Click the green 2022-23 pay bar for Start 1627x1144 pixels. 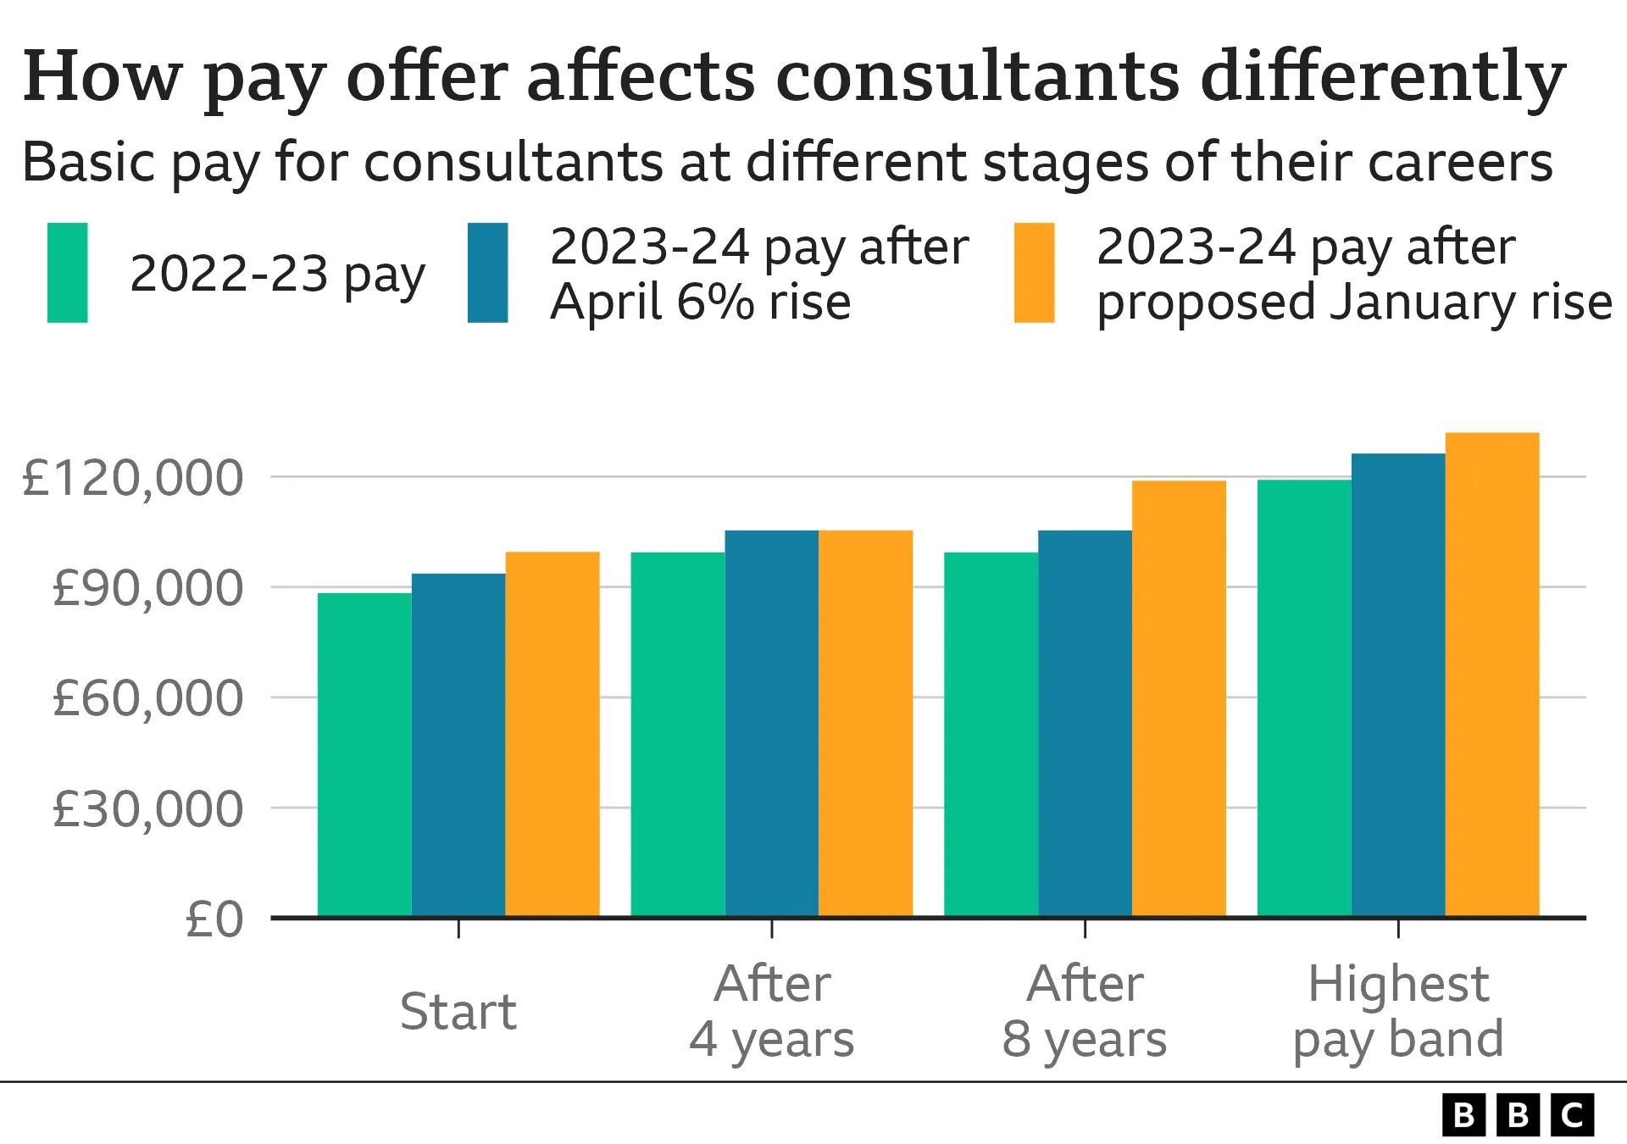pyautogui.click(x=364, y=754)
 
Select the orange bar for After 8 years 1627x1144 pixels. pyautogui.click(x=1179, y=699)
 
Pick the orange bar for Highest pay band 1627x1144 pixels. pyautogui.click(x=1492, y=675)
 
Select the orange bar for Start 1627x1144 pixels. pyautogui.click(x=553, y=734)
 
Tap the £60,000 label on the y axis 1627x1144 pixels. pyautogui.click(x=147, y=698)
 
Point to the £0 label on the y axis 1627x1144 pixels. pyautogui.click(x=214, y=919)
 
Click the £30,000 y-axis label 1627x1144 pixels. pyautogui.click(x=147, y=809)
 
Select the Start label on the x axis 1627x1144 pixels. pyautogui.click(x=458, y=1012)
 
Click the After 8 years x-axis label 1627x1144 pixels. pyautogui.click(x=1085, y=1012)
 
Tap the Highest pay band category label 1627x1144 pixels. pyautogui.click(x=1398, y=1012)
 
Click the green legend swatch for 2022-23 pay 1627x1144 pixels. pyautogui.click(x=68, y=273)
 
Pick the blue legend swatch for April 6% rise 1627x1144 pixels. pyautogui.click(x=487, y=273)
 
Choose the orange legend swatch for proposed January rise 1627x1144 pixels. pyautogui.click(x=1034, y=273)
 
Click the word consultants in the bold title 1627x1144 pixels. pyautogui.click(x=978, y=76)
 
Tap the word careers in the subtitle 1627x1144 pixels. pyautogui.click(x=1460, y=162)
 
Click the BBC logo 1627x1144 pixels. pyautogui.click(x=1518, y=1115)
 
